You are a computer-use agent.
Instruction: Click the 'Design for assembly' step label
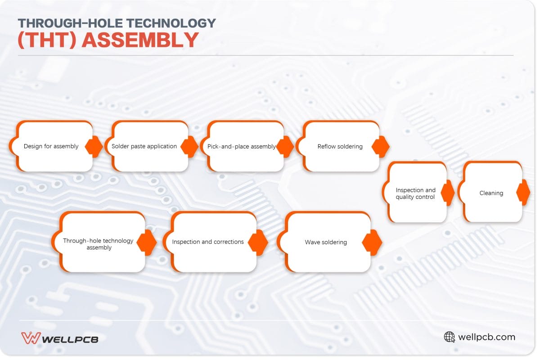pyautogui.click(x=51, y=146)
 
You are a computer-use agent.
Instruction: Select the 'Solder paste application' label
pyautogui.click(x=144, y=146)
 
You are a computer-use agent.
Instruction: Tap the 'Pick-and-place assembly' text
pyautogui.click(x=241, y=146)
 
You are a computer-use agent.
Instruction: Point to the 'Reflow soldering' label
pyautogui.click(x=340, y=146)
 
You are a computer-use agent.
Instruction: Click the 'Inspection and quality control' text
pyautogui.click(x=415, y=193)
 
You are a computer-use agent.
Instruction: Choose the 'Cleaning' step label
pyautogui.click(x=491, y=193)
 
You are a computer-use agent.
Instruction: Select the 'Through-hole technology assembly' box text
pyautogui.click(x=99, y=244)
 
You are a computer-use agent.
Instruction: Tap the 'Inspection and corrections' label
pyautogui.click(x=208, y=242)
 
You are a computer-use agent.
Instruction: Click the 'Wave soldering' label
pyautogui.click(x=326, y=242)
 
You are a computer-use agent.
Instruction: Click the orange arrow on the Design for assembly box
pyautogui.click(x=94, y=147)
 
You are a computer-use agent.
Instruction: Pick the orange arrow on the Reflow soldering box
pyautogui.click(x=381, y=147)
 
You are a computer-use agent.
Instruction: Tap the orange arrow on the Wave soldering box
pyautogui.click(x=372, y=243)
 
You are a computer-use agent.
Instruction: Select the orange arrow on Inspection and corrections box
pyautogui.click(x=258, y=243)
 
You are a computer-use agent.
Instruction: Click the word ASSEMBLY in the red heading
pyautogui.click(x=140, y=40)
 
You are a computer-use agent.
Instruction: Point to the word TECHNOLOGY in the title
pyautogui.click(x=171, y=23)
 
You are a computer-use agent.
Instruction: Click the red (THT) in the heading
pyautogui.click(x=47, y=40)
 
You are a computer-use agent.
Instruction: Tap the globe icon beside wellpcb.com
pyautogui.click(x=450, y=337)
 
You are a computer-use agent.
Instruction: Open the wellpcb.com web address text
pyautogui.click(x=486, y=337)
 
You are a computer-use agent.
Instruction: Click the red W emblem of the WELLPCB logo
pyautogui.click(x=31, y=338)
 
